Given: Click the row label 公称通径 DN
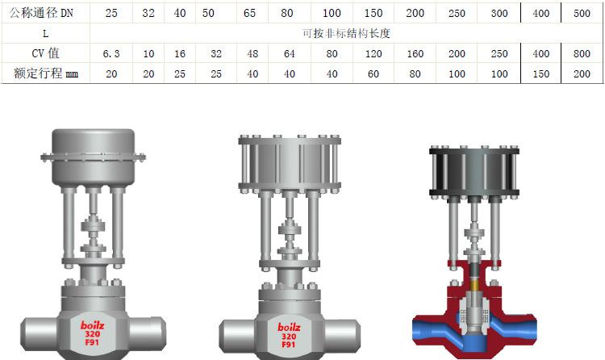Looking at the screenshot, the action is point(41,13).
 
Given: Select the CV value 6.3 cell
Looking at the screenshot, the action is point(111,54).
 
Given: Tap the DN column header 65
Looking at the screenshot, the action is point(249,13).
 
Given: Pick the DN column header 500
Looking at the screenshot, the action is point(582,13).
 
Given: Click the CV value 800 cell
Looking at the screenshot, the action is point(582,54).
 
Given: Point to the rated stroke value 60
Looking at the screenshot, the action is point(373,73).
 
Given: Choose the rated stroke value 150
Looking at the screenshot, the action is point(541,73).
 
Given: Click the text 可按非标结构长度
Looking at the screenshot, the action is point(346,34).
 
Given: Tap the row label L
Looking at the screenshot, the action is point(45,34).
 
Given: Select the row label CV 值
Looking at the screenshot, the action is point(45,53).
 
